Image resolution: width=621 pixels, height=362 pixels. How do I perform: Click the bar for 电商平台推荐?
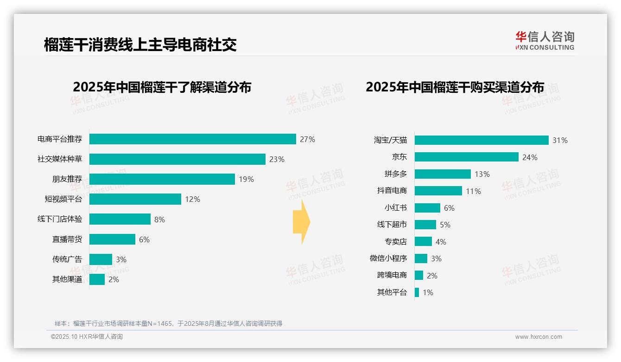coord(192,139)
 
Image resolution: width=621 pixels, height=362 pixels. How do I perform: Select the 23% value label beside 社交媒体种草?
coord(277,159)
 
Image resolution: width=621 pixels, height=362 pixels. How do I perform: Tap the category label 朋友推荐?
coord(67,179)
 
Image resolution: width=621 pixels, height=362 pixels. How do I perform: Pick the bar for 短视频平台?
coord(135,199)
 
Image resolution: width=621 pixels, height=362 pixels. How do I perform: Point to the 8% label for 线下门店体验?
coord(159,220)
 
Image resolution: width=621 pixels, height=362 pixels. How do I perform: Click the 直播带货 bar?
coord(112,239)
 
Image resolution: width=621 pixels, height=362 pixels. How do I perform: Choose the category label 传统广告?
coord(67,259)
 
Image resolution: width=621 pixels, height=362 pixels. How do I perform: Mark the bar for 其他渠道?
coord(97,279)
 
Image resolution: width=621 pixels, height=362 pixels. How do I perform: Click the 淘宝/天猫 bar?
coord(482,140)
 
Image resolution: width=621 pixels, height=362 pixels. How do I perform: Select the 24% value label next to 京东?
coord(530,157)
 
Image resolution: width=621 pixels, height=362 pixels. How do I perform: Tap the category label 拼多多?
coord(395,174)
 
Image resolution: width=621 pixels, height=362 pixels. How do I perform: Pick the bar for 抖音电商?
coord(438,191)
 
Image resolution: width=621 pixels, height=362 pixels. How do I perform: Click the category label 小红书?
coord(395,208)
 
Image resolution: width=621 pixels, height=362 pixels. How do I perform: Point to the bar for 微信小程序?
coord(421,259)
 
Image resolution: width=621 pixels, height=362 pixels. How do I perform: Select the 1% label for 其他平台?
coord(428,292)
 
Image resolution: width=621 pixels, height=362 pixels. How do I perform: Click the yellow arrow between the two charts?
coord(301,222)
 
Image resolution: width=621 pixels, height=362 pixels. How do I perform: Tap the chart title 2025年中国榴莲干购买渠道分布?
coord(455,87)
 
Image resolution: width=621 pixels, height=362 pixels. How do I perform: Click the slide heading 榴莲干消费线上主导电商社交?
coord(140,45)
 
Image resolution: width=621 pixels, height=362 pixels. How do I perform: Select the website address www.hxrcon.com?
coord(538,337)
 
